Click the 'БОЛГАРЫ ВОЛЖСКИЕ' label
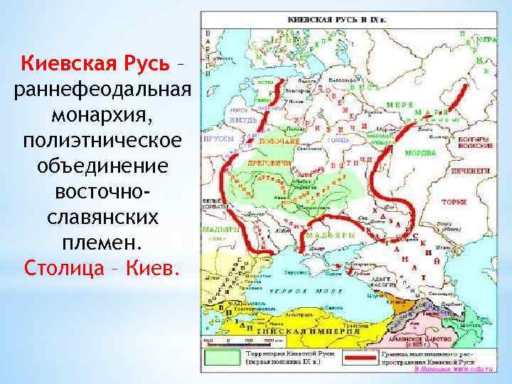[475, 142]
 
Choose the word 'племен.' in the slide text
[102, 242]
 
